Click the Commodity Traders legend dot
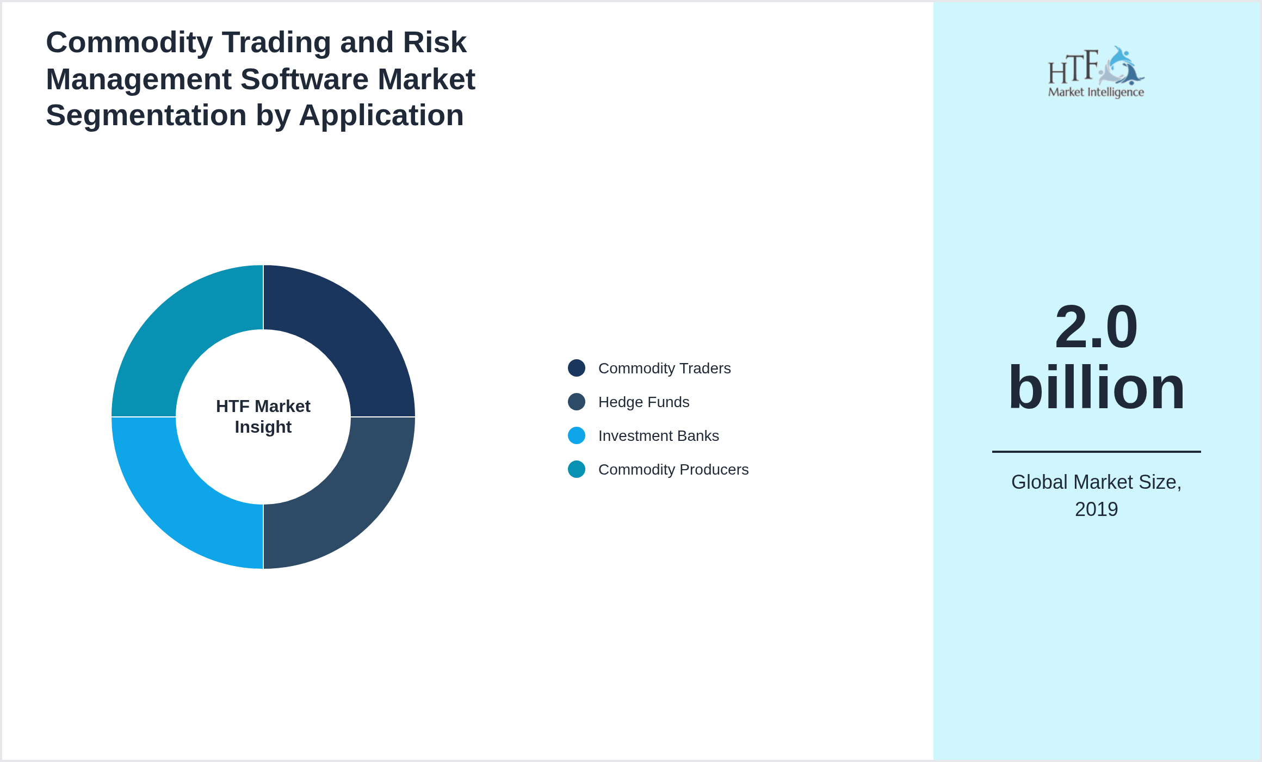577,368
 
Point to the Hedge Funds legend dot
577,402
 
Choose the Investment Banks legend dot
577,435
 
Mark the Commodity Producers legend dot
577,469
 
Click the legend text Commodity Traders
664,368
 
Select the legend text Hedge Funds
644,402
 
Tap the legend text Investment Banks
658,436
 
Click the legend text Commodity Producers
673,470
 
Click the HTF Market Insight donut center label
263,416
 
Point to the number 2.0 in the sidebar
1096,327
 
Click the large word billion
1096,388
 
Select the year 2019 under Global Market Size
1096,509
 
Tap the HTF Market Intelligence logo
1096,72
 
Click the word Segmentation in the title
146,115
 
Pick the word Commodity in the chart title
129,42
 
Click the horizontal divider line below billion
1096,451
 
